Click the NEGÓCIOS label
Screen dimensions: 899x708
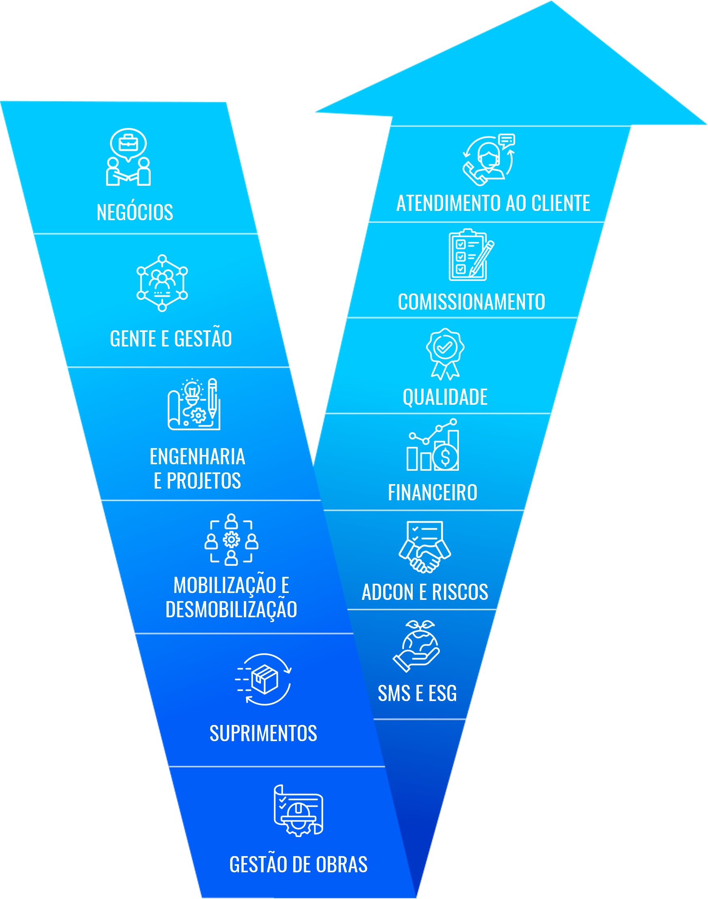(x=135, y=213)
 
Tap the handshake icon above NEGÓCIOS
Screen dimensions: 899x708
(x=128, y=157)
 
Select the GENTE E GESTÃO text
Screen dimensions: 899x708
(x=171, y=338)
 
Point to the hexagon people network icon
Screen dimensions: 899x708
(x=162, y=283)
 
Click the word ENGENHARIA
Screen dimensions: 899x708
(x=197, y=457)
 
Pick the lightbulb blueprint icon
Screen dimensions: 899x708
(x=194, y=404)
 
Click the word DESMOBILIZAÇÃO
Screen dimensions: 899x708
(x=231, y=609)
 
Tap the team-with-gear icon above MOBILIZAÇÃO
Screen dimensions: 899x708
(x=231, y=540)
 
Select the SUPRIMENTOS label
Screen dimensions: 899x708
(x=263, y=733)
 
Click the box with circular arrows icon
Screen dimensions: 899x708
(x=264, y=679)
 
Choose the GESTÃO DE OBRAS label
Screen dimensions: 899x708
(x=299, y=865)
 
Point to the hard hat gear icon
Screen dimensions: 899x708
(x=298, y=811)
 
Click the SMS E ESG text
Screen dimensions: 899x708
(x=417, y=693)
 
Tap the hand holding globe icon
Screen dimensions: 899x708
(x=417, y=646)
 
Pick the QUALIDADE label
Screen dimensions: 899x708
(x=445, y=397)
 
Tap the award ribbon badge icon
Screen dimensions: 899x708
(x=445, y=354)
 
